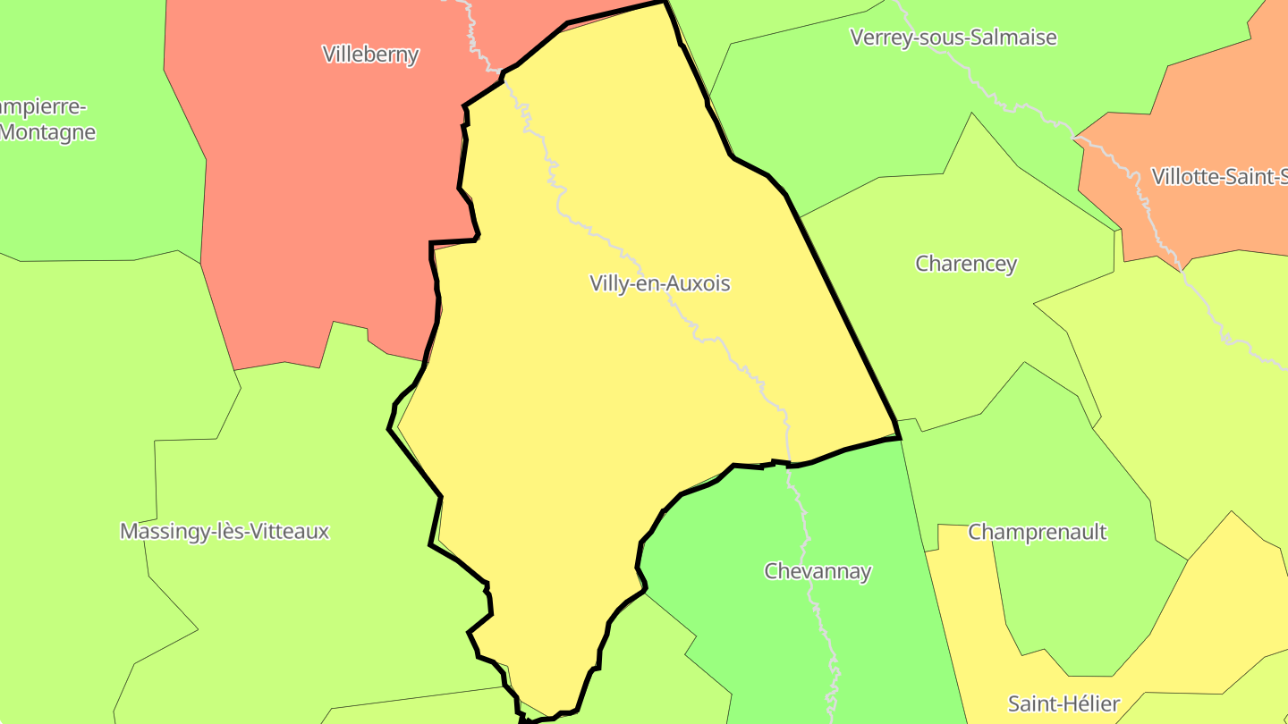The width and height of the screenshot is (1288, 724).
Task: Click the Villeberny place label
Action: click(370, 55)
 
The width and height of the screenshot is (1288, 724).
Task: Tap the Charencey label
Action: click(966, 264)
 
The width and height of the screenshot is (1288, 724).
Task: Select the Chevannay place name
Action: click(818, 571)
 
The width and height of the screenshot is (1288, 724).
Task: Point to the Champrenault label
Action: click(1038, 532)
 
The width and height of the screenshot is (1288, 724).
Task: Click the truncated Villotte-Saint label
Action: click(1218, 176)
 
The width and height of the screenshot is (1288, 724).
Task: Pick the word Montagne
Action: click(48, 132)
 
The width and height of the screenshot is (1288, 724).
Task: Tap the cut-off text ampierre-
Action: click(43, 107)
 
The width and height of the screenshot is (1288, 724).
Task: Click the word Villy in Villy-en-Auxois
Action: click(610, 284)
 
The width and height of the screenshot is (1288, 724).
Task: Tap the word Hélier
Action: click(1089, 703)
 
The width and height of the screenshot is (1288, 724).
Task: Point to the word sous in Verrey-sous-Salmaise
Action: click(941, 38)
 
